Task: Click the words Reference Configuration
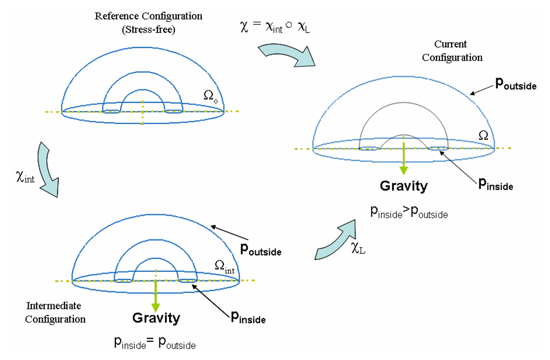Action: (x=148, y=16)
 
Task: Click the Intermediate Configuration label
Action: (x=55, y=312)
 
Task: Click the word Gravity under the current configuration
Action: (x=404, y=186)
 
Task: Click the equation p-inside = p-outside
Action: (x=155, y=344)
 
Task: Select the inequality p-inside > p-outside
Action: (x=408, y=212)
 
